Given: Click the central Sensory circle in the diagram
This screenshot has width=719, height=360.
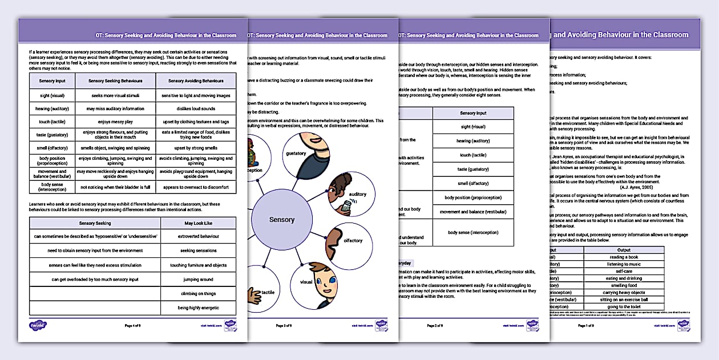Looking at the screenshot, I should (x=282, y=220).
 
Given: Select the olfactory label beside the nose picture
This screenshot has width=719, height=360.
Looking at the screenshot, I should (x=353, y=240).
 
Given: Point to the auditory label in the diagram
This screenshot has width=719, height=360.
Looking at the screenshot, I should (x=358, y=194).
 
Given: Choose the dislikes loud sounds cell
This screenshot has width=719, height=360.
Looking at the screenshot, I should (x=196, y=108).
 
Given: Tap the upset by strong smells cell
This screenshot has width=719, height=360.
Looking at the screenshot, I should (x=196, y=148).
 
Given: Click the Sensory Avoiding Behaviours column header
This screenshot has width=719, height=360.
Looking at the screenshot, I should (x=196, y=81).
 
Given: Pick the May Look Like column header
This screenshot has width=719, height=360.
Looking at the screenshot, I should (x=198, y=223).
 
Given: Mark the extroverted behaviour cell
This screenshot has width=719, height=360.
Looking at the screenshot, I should (x=198, y=236).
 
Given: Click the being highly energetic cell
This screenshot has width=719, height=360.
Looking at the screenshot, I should (x=198, y=308).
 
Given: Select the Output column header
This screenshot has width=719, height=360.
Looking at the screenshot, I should (x=624, y=249).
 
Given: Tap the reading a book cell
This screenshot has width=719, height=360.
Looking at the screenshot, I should (x=624, y=257).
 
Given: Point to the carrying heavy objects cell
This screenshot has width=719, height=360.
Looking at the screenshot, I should (x=624, y=292).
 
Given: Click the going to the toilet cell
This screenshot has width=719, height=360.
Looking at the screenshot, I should (x=624, y=306).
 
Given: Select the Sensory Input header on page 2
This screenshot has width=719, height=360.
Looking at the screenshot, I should (x=473, y=113).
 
